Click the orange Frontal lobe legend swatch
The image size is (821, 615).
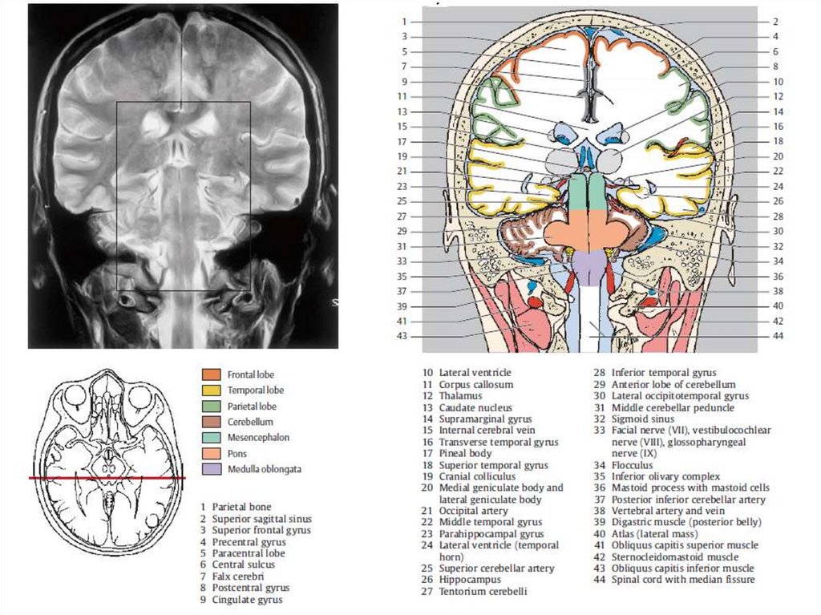(211, 374)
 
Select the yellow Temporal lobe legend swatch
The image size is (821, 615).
(211, 390)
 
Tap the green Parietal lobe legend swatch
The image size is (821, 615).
(211, 406)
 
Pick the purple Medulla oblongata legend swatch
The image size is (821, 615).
(211, 469)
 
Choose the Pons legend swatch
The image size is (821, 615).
(211, 453)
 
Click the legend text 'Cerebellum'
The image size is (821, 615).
(250, 422)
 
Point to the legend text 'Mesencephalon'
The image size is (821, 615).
(258, 438)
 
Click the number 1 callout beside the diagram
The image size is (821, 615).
(406, 22)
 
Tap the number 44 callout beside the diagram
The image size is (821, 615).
(777, 336)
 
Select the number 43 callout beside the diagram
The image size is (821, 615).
(402, 336)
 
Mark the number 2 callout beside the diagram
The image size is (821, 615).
(776, 22)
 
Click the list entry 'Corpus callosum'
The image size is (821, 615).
(475, 385)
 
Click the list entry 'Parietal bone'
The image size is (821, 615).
(241, 507)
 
